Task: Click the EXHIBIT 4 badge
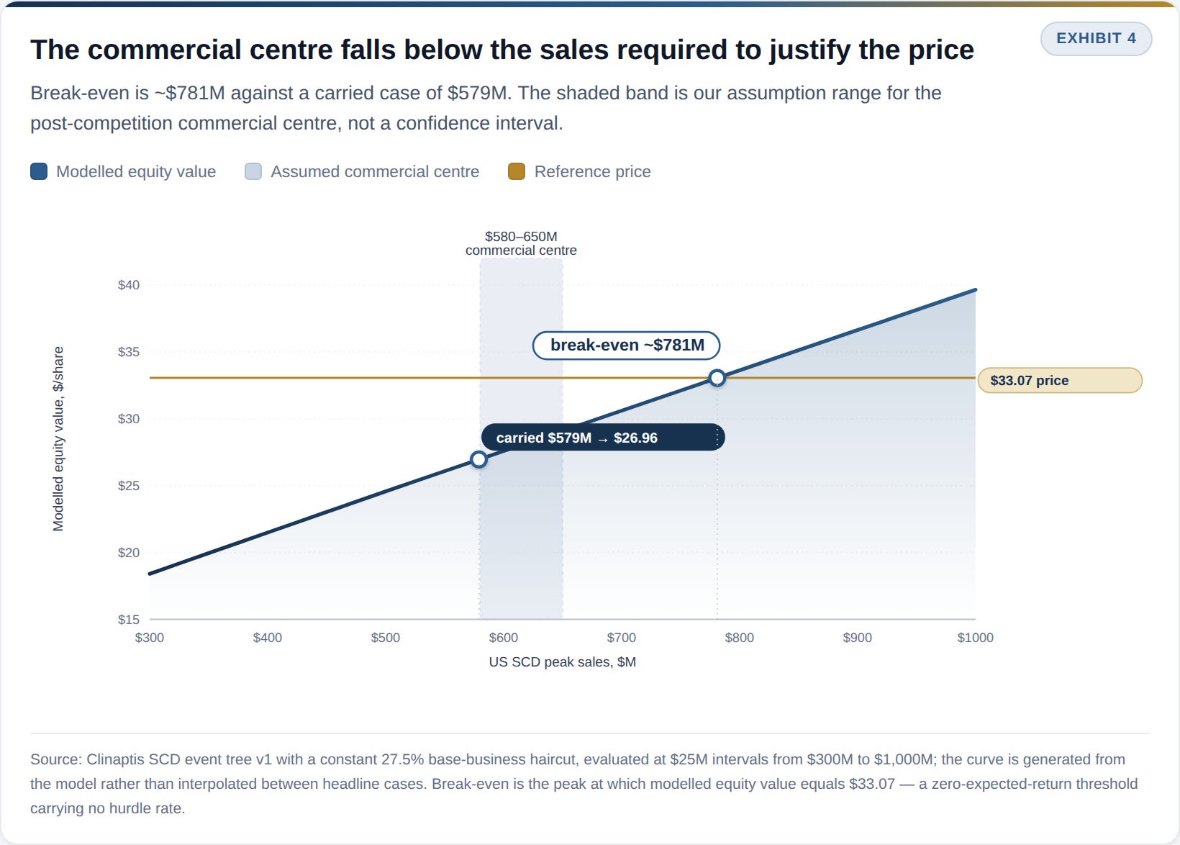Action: tap(1096, 38)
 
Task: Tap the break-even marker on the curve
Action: tap(717, 378)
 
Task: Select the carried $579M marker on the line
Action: tap(478, 459)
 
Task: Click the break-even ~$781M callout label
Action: tap(627, 345)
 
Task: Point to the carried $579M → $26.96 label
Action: tap(603, 437)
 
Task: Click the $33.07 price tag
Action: tap(1060, 380)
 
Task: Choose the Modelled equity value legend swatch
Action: tap(39, 171)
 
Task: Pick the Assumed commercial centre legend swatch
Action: tap(253, 171)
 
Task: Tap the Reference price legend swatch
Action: tap(517, 171)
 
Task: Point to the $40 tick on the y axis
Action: tap(129, 285)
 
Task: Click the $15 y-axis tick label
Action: tap(129, 620)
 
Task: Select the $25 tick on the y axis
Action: tap(129, 486)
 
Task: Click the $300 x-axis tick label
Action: tap(150, 638)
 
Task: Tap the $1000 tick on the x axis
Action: tap(975, 638)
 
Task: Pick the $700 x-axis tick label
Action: tap(622, 638)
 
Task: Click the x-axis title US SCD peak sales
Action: tap(563, 661)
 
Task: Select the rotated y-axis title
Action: tap(58, 439)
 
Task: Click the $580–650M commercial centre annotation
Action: tap(521, 243)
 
